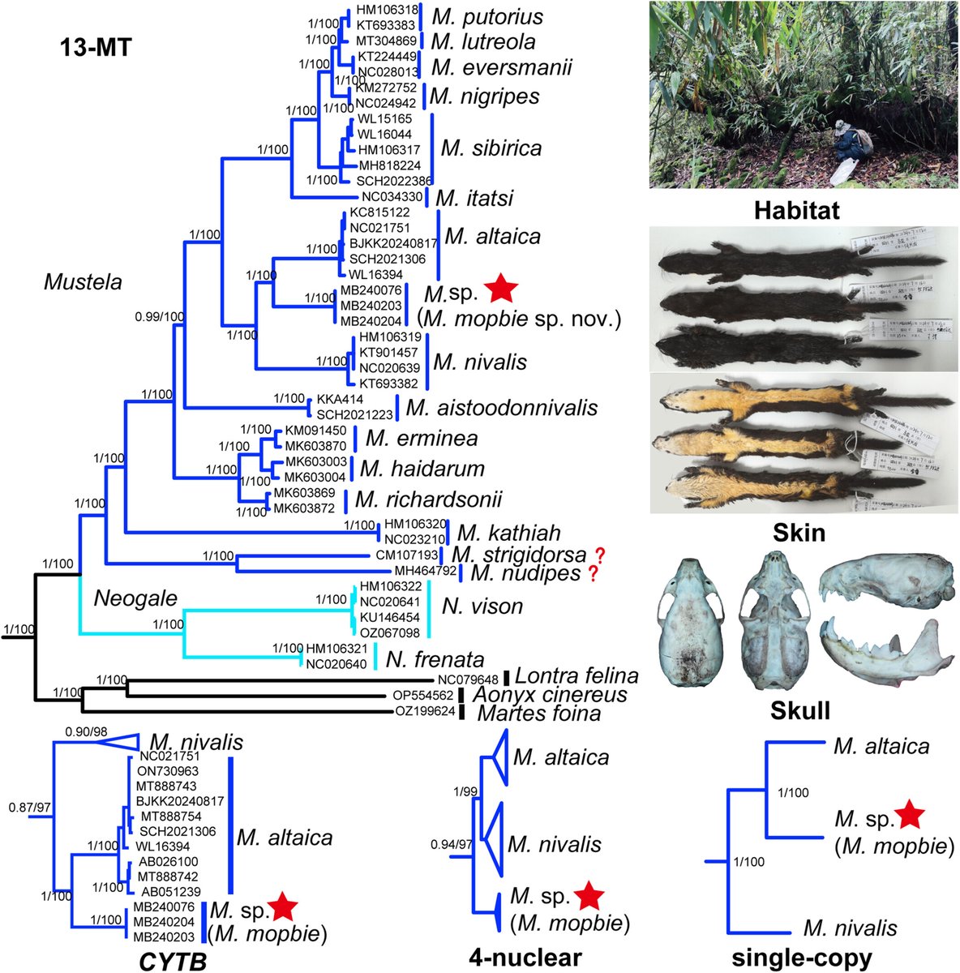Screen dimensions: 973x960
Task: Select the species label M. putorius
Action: (486, 16)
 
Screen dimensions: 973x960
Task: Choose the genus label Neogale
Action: (134, 598)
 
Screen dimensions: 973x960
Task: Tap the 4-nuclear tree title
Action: (525, 958)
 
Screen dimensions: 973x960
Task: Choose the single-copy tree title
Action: (802, 958)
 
